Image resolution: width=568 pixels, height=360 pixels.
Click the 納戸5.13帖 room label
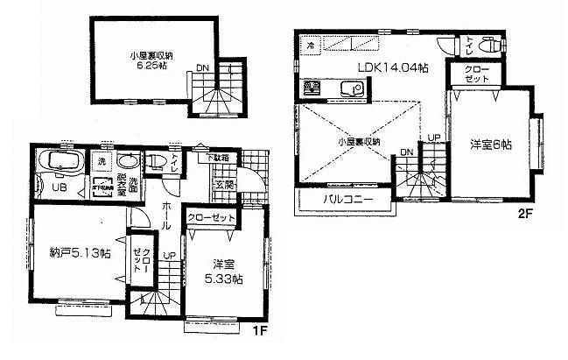point(80,253)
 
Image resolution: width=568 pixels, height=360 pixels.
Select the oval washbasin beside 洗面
point(127,163)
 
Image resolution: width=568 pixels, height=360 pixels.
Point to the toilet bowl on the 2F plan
point(491,44)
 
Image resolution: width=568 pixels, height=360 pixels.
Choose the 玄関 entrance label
point(221,185)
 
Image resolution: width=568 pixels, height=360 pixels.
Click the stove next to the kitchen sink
point(311,88)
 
